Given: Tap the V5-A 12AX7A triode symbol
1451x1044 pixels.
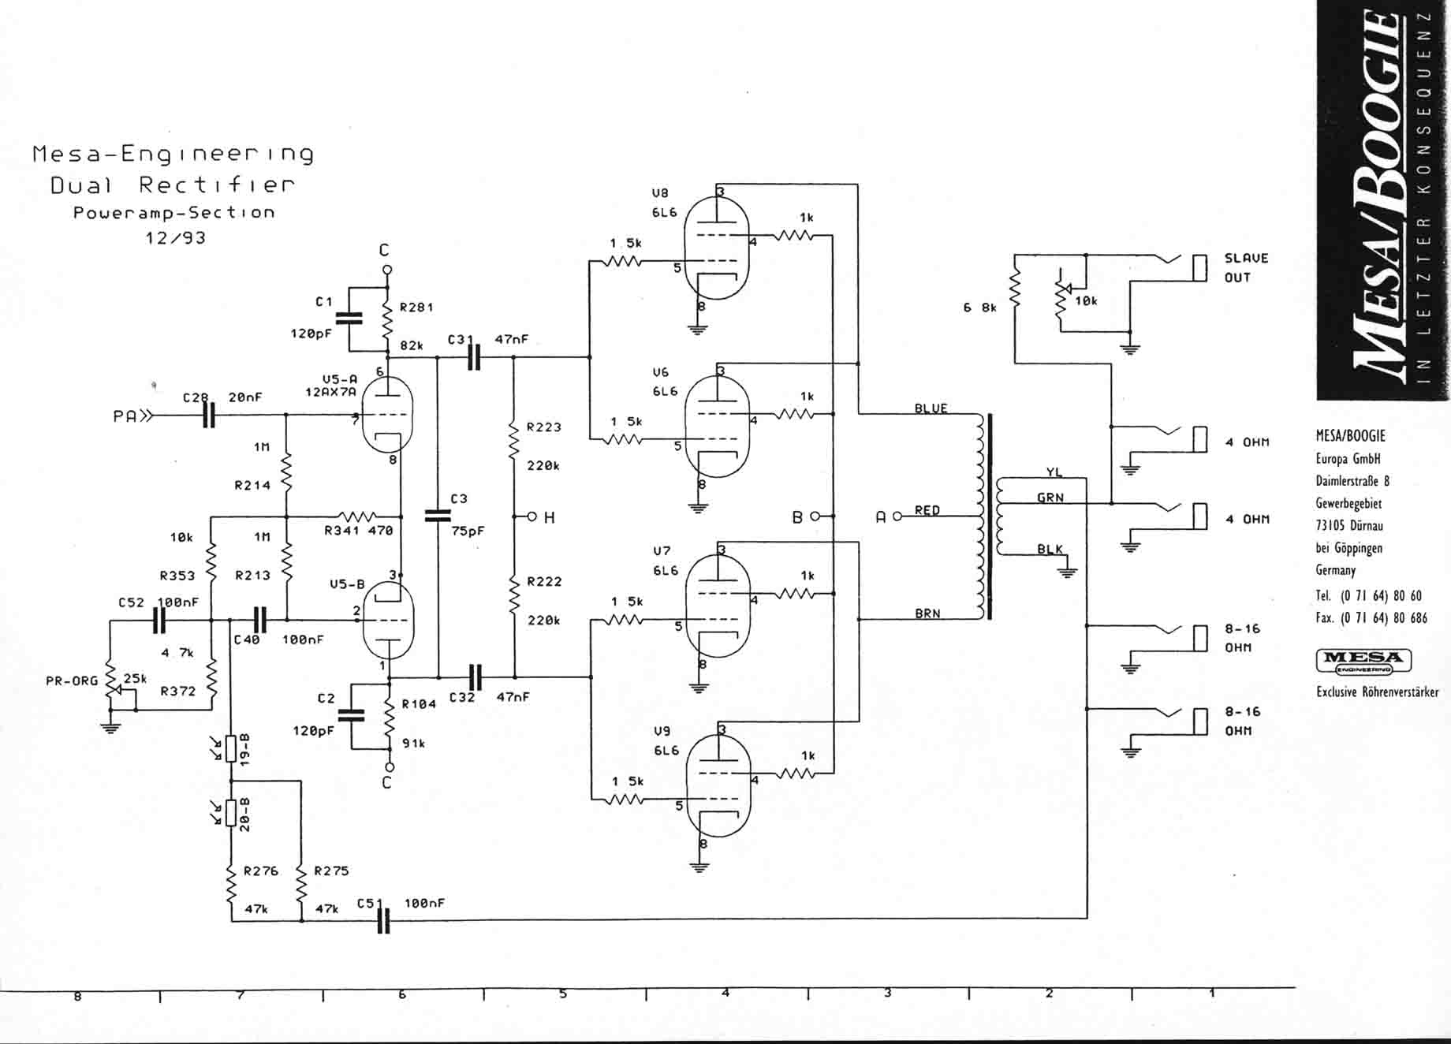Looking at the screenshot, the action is click(x=386, y=414).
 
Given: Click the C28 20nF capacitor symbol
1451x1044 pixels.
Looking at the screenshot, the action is click(x=208, y=415).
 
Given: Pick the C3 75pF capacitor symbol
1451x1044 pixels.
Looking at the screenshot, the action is click(x=438, y=516).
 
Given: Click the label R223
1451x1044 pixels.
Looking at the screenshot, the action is click(x=544, y=427).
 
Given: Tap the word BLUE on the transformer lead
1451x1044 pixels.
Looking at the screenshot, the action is click(x=931, y=408).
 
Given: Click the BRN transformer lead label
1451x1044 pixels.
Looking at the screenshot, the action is click(x=928, y=613).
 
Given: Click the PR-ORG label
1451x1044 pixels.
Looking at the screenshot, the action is click(x=72, y=680).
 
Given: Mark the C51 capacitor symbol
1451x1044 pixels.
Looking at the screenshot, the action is click(x=384, y=919).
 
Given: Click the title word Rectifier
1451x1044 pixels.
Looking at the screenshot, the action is click(x=217, y=185).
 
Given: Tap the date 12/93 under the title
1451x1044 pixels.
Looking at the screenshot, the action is click(x=175, y=237).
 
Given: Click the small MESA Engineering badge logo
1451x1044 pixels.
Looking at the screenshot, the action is click(x=1363, y=661).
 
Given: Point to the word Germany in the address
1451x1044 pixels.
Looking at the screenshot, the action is click(x=1336, y=570).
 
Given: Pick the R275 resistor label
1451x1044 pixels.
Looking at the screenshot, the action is click(x=331, y=871).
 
